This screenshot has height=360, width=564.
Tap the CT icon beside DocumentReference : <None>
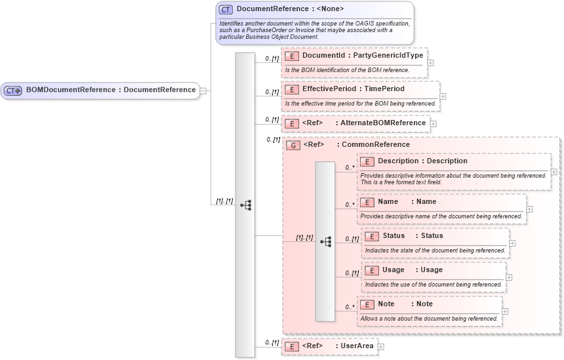tap(226, 9)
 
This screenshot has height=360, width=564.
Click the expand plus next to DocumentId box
tap(431, 63)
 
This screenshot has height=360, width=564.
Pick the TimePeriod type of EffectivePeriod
tap(383, 89)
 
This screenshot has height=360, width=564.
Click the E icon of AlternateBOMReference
tap(292, 123)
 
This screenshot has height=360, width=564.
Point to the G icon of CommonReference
tap(293, 145)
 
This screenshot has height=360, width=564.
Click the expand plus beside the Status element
tap(512, 243)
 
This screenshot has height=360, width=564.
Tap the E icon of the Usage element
tap(372, 270)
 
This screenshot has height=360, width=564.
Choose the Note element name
tap(386, 304)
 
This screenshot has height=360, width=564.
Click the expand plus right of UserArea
tap(380, 346)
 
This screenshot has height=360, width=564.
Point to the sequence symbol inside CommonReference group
tap(325, 241)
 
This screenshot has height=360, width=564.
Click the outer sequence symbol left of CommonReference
tap(245, 205)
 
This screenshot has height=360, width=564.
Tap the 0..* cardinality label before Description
tap(350, 168)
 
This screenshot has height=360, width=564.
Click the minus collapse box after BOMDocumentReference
tap(203, 90)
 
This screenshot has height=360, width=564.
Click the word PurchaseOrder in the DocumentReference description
tap(269, 30)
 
